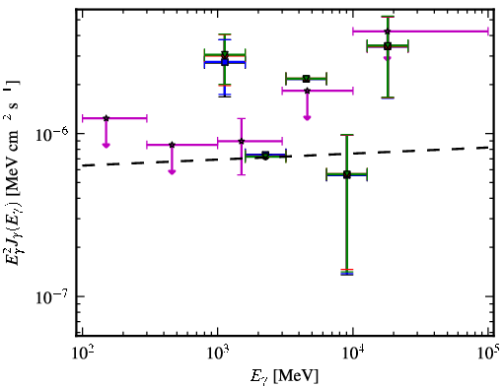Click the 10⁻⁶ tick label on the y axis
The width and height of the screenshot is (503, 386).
pos(51,134)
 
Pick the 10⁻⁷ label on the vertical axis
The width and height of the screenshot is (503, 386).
pos(51,296)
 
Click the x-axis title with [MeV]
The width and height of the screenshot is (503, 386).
pos(284,376)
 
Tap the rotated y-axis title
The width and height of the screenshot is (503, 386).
pos(13,172)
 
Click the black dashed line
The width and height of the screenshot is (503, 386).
pos(285,157)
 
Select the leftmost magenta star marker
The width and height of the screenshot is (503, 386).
pos(106,118)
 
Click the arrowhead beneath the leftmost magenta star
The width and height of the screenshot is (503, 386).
pos(106,145)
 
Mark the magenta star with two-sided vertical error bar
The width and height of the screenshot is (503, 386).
pos(242,141)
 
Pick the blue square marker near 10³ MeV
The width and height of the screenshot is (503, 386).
pos(225,62)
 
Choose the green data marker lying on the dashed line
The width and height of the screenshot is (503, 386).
pos(265,155)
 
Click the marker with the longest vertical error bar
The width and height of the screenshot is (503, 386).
pos(347,174)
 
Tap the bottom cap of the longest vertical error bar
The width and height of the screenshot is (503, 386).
pos(347,273)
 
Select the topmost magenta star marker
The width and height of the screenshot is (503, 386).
pos(388,32)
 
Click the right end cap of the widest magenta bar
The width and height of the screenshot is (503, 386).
pos(488,32)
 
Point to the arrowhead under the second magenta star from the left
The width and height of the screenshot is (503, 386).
pos(172,172)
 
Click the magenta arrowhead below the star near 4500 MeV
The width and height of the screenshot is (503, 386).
pos(307,118)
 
